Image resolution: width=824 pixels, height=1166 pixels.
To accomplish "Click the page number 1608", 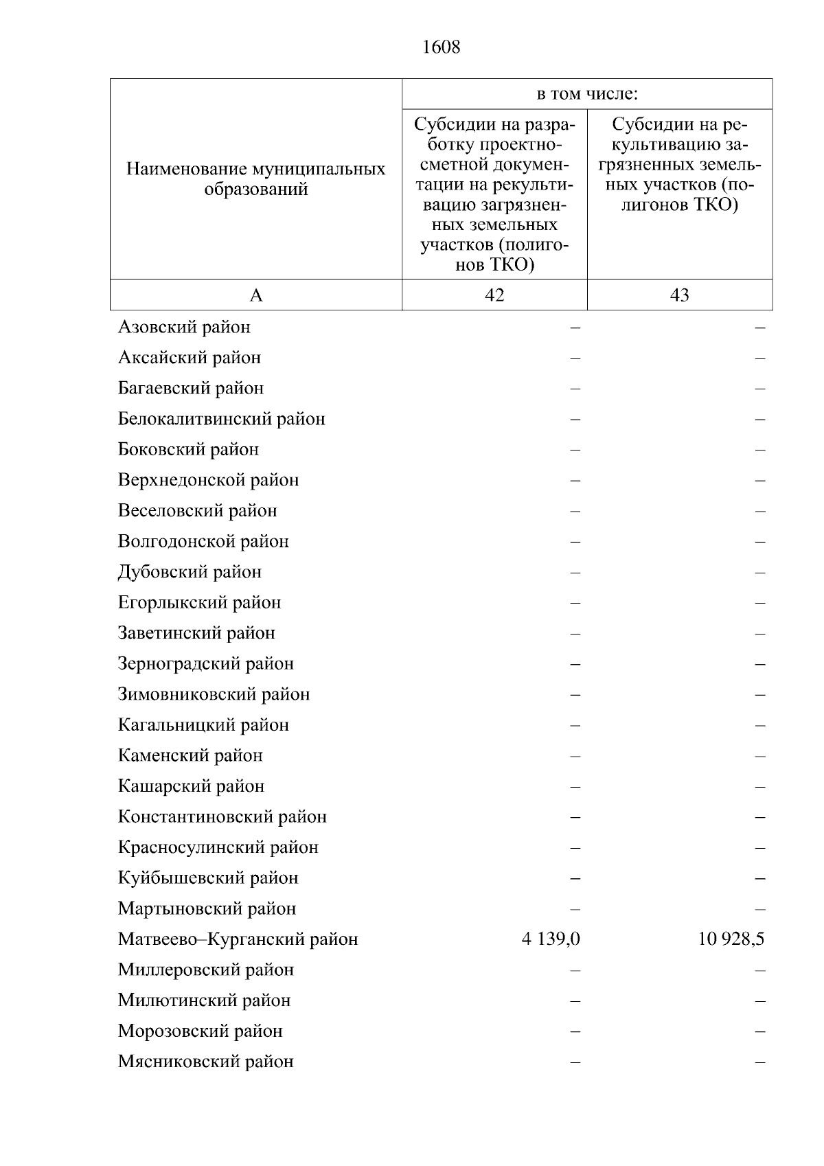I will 442,47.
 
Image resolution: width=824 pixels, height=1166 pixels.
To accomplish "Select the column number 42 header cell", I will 494,295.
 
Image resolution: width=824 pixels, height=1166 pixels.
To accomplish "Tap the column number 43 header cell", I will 680,295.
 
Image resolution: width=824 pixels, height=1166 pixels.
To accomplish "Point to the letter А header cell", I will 256,295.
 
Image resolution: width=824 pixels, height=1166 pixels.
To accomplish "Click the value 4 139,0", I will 551,939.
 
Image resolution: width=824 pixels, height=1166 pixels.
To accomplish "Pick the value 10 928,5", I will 731,939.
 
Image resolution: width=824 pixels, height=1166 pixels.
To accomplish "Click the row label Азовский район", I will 184,327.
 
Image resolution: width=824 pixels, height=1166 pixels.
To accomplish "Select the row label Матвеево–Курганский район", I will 238,939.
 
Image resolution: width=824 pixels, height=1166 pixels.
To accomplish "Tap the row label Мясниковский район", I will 205,1061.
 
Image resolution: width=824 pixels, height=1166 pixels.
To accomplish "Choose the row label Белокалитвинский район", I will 221,419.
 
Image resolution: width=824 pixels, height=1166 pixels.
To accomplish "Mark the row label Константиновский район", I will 222,816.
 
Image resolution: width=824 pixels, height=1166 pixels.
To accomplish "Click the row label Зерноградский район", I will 205,663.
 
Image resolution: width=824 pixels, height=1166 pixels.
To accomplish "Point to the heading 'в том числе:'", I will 587,94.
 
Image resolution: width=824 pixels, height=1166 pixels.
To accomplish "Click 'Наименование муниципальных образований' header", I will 256,179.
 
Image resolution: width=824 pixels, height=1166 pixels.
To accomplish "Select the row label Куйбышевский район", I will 208,878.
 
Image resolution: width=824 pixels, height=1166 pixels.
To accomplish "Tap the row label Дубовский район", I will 190,572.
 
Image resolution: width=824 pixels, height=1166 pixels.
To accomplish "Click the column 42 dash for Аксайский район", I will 575,358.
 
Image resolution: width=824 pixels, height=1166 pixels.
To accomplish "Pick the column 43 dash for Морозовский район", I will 759,1031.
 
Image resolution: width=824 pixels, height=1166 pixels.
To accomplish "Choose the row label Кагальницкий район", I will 203,724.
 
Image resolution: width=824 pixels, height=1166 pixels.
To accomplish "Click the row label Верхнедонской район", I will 208,480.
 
